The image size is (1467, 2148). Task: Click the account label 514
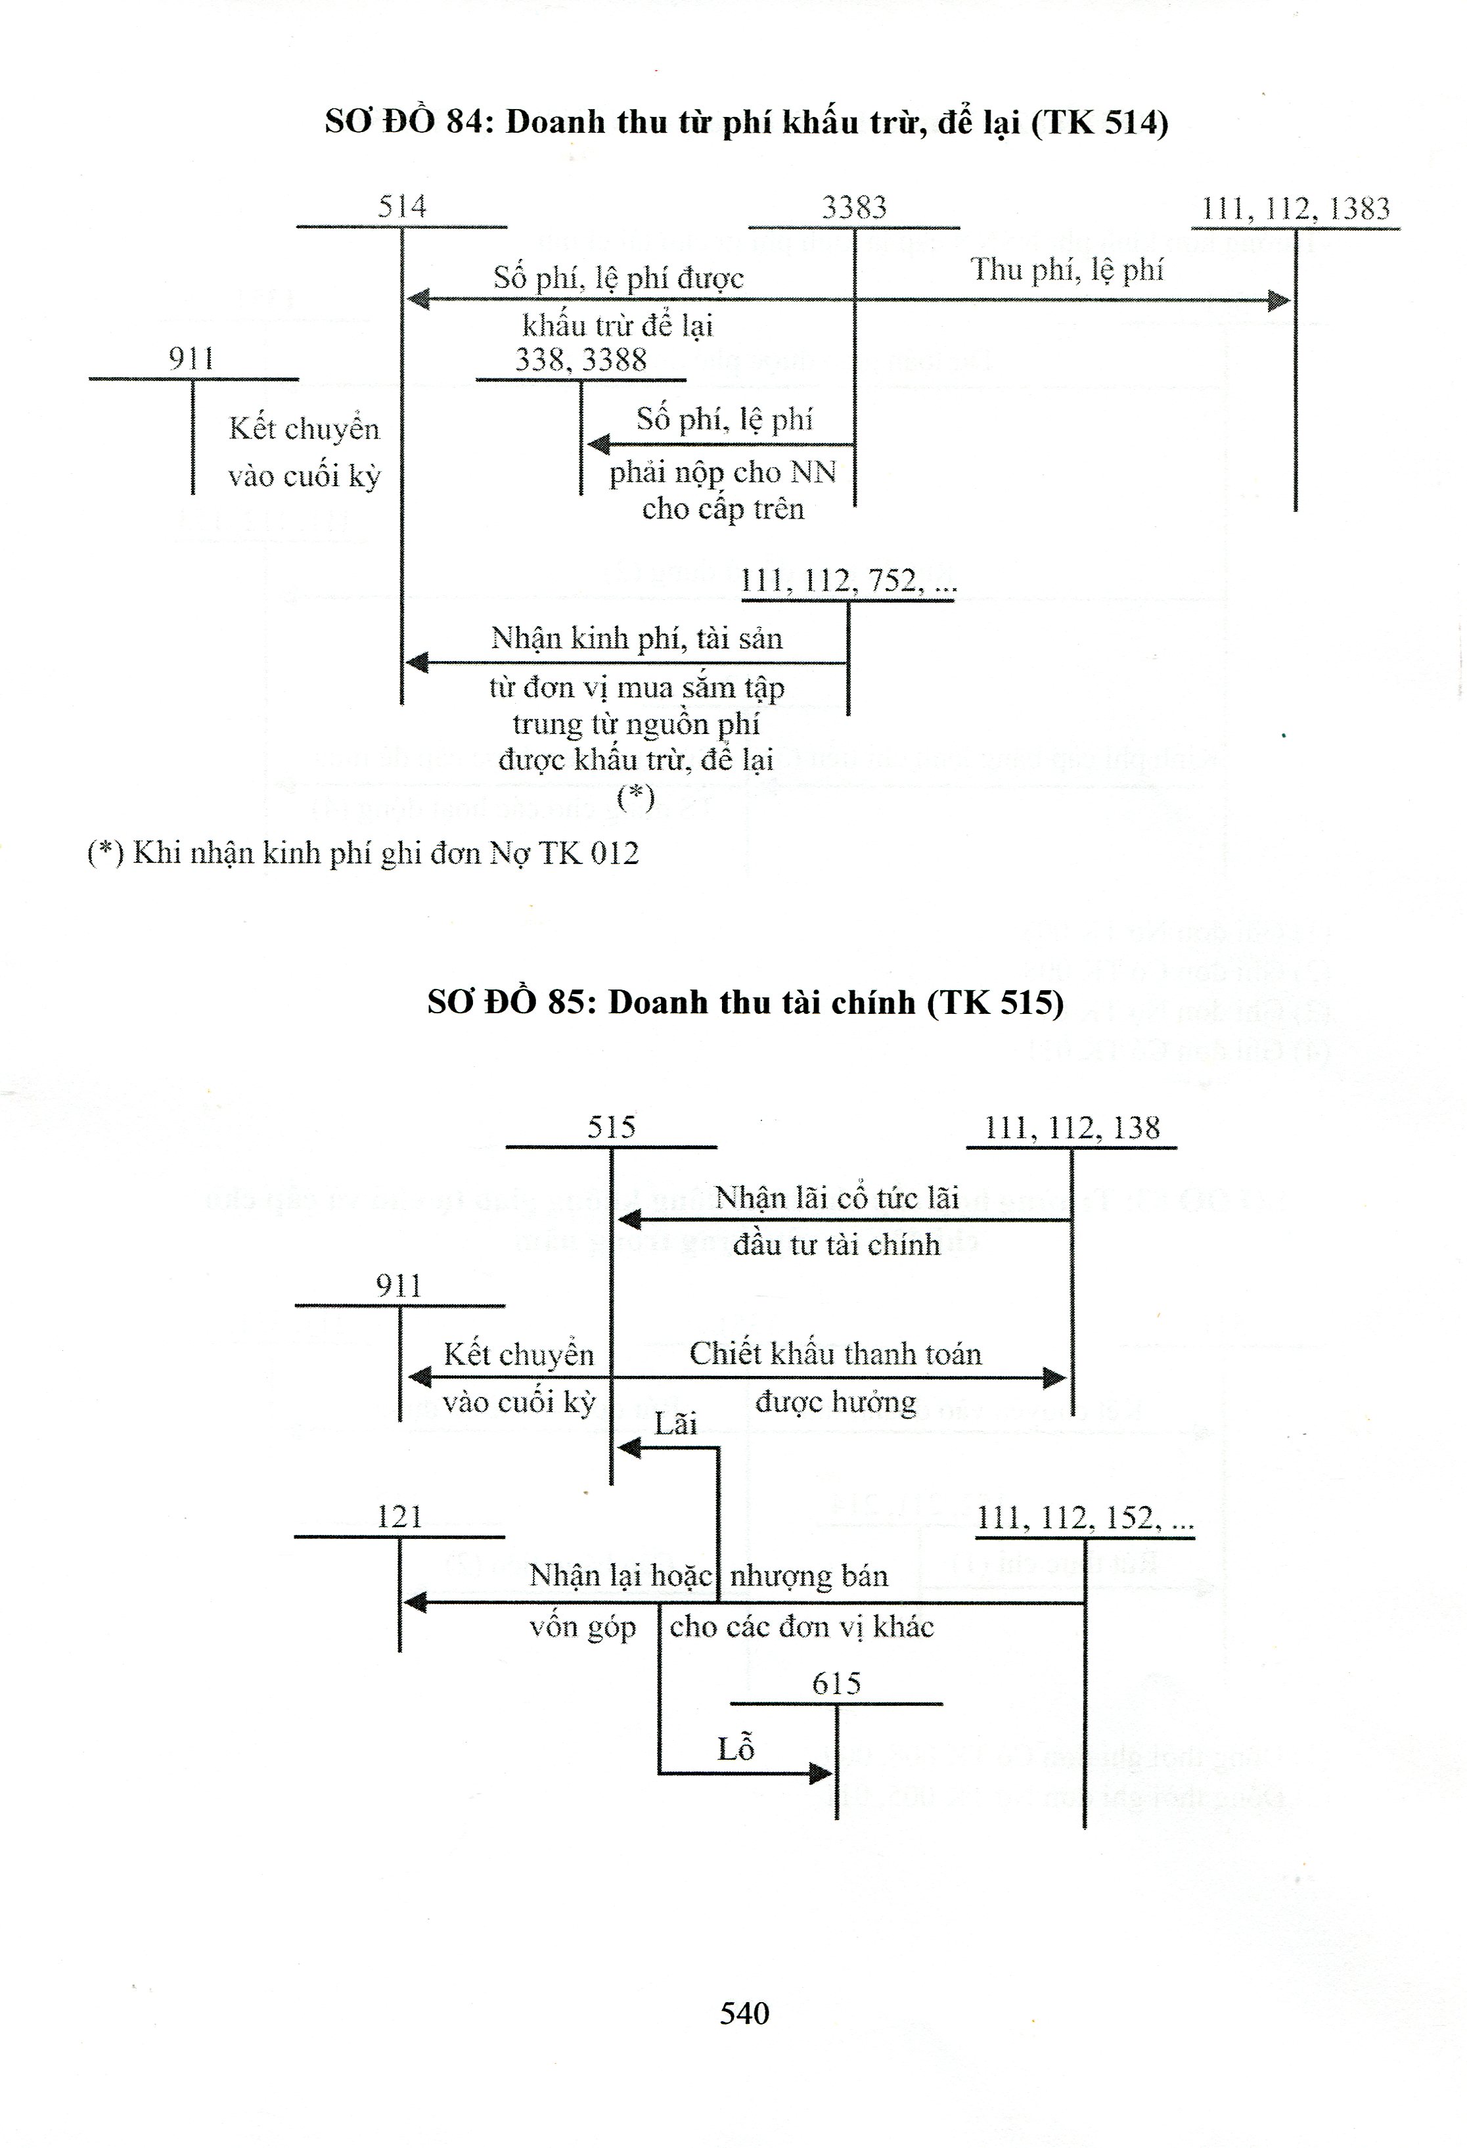click(402, 206)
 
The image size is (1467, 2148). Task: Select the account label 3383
click(853, 207)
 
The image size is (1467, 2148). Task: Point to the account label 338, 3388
click(581, 359)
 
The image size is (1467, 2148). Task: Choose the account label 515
click(611, 1127)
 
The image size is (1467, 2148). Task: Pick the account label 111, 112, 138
click(1072, 1128)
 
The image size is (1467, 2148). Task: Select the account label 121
click(399, 1517)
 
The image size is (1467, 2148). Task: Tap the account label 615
click(836, 1683)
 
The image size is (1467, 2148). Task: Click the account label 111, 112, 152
click(1084, 1518)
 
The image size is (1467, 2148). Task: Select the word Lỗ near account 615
click(736, 1748)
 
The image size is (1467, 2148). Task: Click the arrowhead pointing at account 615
click(821, 1773)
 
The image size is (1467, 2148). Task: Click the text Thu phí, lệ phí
click(1067, 270)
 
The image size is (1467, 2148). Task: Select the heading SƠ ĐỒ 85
click(745, 1003)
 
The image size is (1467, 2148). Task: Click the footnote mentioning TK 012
click(363, 852)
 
